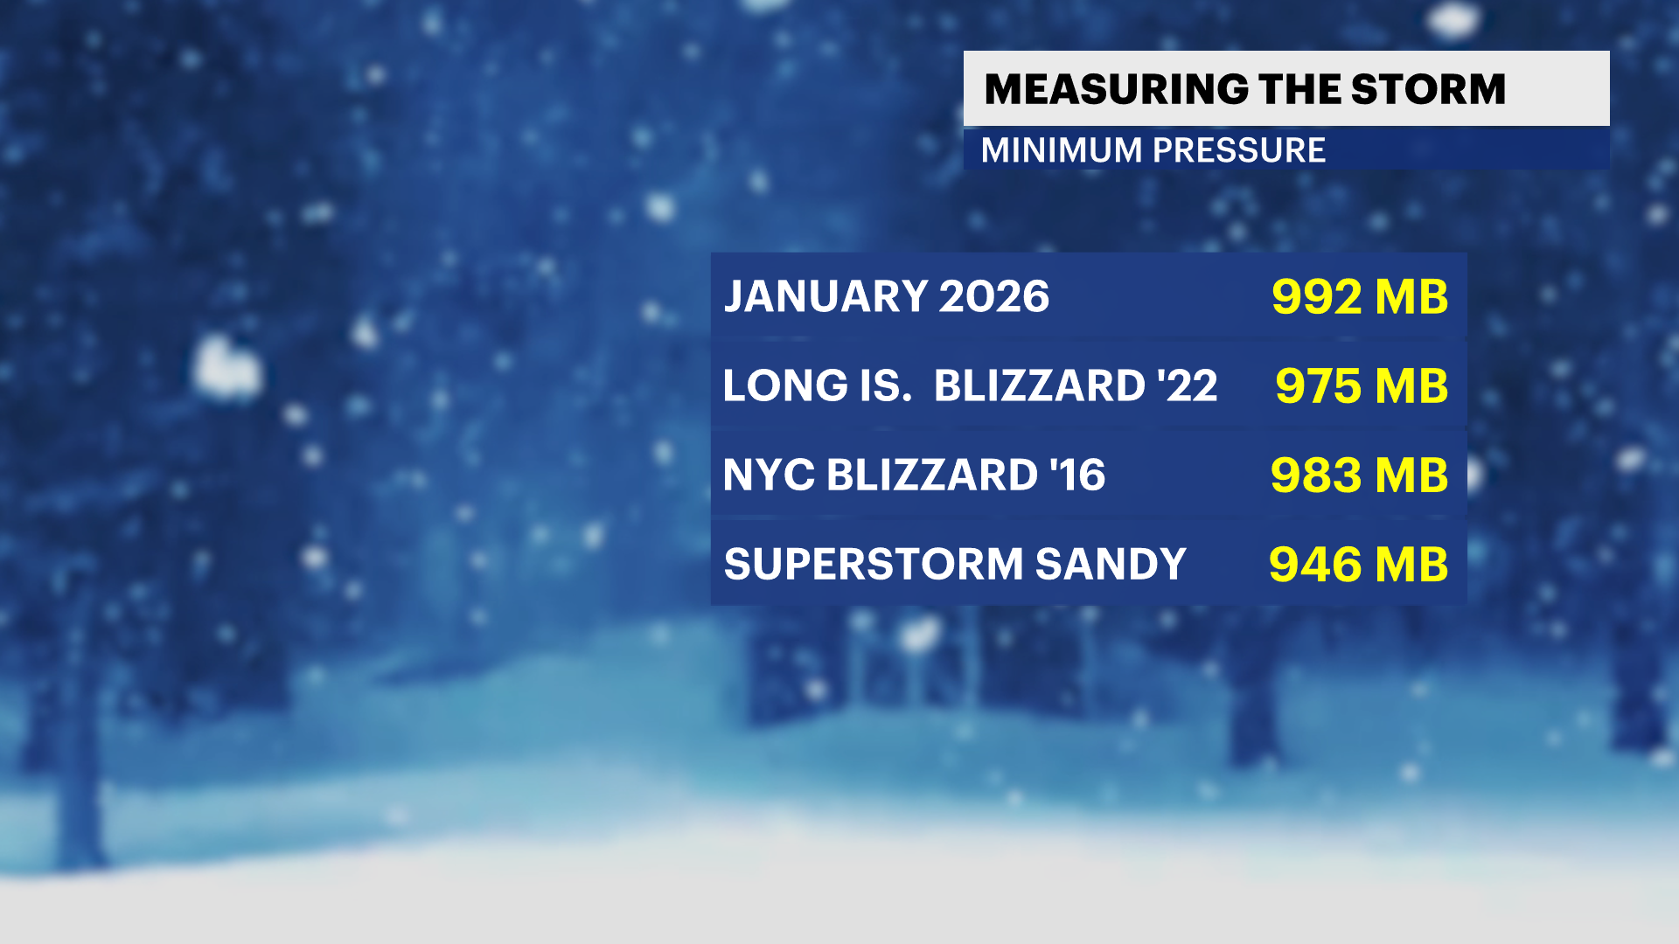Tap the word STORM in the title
coord(1428,89)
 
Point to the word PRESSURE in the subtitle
coord(1239,150)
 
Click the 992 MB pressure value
coord(1360,297)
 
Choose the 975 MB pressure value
coord(1362,386)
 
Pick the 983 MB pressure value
coord(1359,475)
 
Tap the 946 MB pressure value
coord(1358,565)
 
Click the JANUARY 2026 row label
coord(887,297)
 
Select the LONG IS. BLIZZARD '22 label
coord(970,386)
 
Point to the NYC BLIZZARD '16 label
coord(914,475)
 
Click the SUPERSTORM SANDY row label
coord(955,565)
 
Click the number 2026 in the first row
coord(993,297)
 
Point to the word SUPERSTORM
coord(874,565)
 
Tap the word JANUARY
coord(825,297)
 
